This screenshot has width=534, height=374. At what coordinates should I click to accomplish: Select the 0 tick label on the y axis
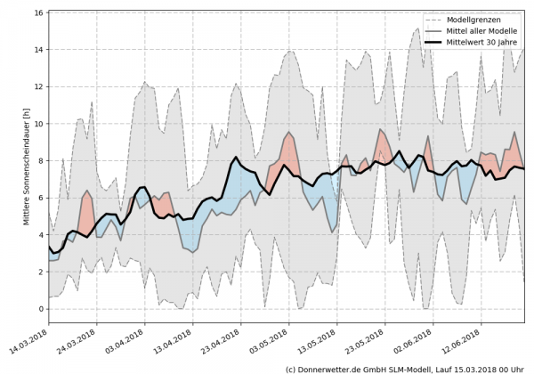(x=41, y=309)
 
